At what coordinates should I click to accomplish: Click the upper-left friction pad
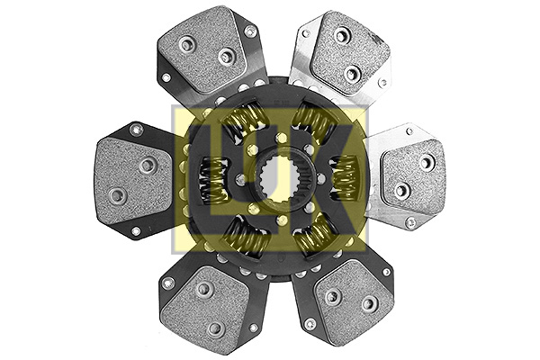206,49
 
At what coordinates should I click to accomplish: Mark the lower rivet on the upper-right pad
353,74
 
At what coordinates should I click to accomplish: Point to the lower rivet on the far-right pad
402,190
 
